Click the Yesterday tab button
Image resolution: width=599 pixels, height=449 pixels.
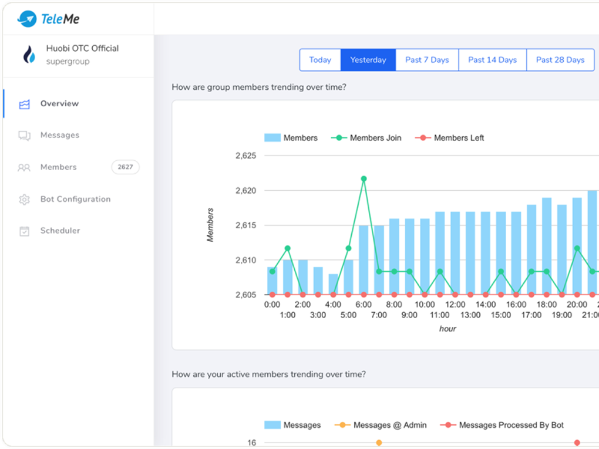coord(368,60)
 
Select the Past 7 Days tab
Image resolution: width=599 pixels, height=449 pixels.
coord(427,60)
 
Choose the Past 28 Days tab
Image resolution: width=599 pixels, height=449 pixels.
coord(560,60)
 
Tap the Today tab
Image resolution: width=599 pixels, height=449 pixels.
coord(320,60)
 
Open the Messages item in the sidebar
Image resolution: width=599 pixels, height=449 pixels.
coord(59,135)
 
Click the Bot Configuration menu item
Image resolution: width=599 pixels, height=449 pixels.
coord(75,200)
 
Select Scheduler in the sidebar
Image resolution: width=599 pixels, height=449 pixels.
coord(60,231)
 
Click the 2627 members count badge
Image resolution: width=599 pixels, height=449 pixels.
coord(125,167)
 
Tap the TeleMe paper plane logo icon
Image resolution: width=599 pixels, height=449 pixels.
coord(27,19)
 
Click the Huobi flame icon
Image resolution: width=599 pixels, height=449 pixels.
coord(29,55)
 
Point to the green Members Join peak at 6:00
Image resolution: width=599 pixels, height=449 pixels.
coord(364,178)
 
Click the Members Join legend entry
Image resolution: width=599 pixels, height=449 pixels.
coord(366,138)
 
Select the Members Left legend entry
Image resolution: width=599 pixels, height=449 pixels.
coord(450,138)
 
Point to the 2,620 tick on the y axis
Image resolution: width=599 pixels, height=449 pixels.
coord(246,191)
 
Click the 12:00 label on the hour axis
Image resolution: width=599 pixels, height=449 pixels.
coord(455,304)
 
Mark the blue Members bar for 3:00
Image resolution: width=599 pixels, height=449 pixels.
coord(318,281)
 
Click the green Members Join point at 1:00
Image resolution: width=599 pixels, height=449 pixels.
coord(288,248)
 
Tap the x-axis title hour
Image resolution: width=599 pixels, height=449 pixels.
coord(447,329)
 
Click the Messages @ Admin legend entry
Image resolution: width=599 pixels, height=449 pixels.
coord(381,425)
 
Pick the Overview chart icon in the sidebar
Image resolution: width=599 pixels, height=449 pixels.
coord(25,104)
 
